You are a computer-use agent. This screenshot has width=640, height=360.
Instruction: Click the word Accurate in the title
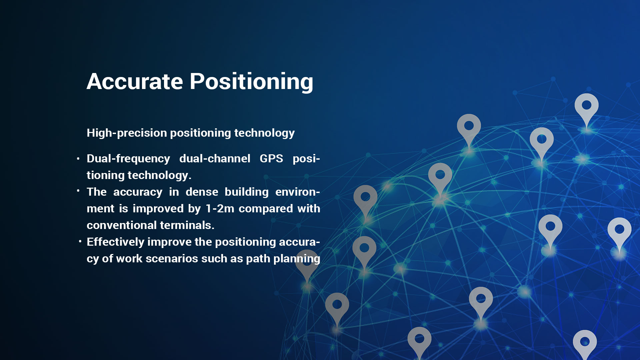point(135,81)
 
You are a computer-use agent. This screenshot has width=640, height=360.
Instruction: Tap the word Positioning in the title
point(252,82)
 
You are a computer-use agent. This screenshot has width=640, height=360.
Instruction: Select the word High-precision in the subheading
point(127,133)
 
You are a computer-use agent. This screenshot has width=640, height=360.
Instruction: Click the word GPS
point(271,158)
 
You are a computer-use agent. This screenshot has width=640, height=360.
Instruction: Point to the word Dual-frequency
point(128,159)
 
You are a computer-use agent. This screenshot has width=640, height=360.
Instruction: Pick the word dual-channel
point(215,158)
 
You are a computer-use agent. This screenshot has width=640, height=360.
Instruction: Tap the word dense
point(202,192)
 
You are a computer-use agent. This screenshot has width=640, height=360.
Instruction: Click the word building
point(247,192)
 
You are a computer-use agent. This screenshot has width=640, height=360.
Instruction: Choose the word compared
point(266,209)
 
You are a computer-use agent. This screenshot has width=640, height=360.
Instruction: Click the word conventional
point(122,225)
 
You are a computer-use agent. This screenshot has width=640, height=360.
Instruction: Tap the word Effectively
point(115,242)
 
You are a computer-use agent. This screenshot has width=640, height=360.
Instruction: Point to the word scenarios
point(172,259)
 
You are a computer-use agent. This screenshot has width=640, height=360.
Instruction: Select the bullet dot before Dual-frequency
point(78,159)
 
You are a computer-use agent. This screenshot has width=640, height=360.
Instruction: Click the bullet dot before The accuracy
point(78,191)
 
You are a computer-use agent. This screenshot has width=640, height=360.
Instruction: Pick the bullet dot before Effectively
point(80,241)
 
